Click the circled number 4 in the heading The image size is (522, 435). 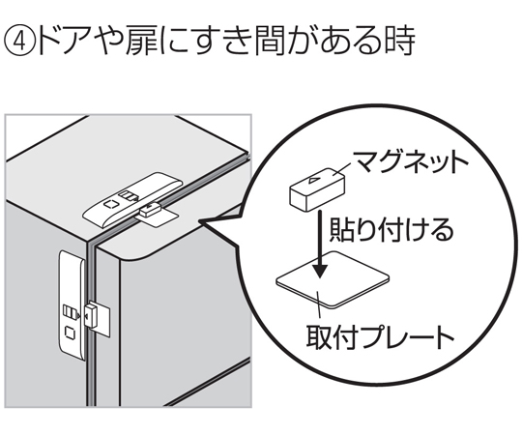point(19,42)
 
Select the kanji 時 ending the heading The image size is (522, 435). point(400,42)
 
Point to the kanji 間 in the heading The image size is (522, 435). point(271,42)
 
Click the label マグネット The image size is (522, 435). point(410,162)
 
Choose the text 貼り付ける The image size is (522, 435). point(391,230)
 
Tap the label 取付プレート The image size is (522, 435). point(380,336)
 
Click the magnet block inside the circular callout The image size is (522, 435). point(317,188)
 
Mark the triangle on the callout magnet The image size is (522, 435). point(314,181)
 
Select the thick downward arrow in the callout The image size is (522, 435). point(320,244)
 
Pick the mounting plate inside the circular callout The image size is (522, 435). point(333,279)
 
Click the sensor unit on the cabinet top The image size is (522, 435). point(132,199)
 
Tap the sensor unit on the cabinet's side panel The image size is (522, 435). point(72,305)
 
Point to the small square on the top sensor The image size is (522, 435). point(110,204)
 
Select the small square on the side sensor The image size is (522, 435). point(70,333)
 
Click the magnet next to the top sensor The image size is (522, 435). point(150,210)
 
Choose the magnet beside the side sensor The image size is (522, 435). point(90,314)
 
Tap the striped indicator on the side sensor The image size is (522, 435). point(70,312)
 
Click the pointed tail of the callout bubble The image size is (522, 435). point(199,221)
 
